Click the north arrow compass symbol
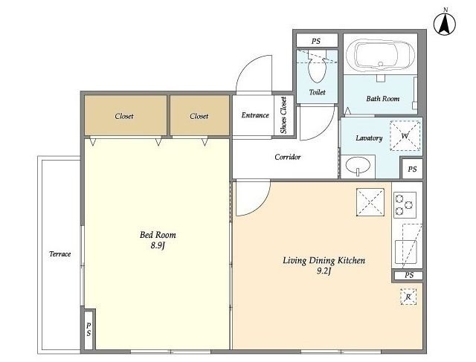(x=445, y=24)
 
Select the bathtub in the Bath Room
(x=381, y=56)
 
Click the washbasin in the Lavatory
(x=358, y=166)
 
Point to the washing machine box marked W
(x=405, y=135)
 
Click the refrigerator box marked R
(x=408, y=297)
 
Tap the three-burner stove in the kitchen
(x=405, y=205)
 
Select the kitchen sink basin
(x=405, y=252)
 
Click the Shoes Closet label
(x=283, y=115)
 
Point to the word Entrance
(x=255, y=115)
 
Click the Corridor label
(x=288, y=157)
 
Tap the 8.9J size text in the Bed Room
(x=157, y=245)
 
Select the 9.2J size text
(x=324, y=271)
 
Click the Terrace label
(x=59, y=254)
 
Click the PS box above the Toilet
(x=317, y=41)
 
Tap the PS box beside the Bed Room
(x=89, y=329)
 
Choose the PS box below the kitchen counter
(x=408, y=275)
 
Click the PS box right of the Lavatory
(x=412, y=169)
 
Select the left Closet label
(x=124, y=116)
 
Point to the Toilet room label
(x=318, y=92)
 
